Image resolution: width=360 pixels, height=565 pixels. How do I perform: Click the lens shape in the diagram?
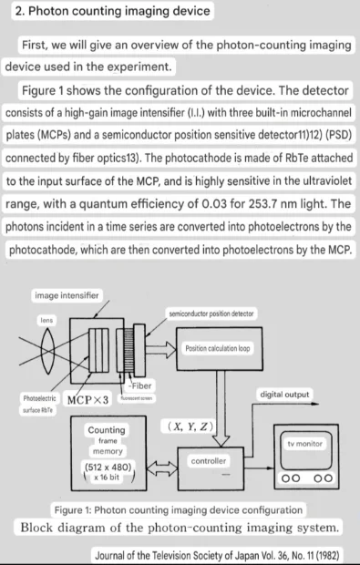coord(47,351)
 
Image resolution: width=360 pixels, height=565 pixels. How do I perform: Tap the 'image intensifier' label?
coord(67,295)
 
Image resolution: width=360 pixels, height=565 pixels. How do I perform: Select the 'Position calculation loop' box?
coord(219,349)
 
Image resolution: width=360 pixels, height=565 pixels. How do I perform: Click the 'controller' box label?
coord(209,461)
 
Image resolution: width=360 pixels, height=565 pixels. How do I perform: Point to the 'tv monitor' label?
coord(305,444)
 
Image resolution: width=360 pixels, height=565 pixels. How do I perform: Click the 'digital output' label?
coord(284,395)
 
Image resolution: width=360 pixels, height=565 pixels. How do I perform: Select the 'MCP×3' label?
coord(87,400)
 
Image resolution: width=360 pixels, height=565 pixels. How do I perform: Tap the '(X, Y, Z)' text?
coord(190,426)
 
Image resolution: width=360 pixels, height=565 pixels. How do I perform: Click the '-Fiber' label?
coord(139,385)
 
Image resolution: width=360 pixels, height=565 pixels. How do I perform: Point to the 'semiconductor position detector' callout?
coord(211,313)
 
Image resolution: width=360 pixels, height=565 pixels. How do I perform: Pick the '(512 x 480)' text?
coord(108,467)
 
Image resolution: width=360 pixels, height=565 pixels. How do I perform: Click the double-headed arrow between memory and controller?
coord(162,468)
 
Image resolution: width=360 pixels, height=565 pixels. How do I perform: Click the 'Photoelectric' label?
coord(39,398)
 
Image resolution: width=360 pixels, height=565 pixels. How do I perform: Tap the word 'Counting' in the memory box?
coord(107,430)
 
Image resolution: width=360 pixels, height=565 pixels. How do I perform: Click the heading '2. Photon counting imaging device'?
coord(112,11)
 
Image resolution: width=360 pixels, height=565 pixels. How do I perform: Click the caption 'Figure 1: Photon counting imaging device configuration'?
coord(179,510)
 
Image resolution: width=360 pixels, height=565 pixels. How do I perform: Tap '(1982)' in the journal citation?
coord(327,555)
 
